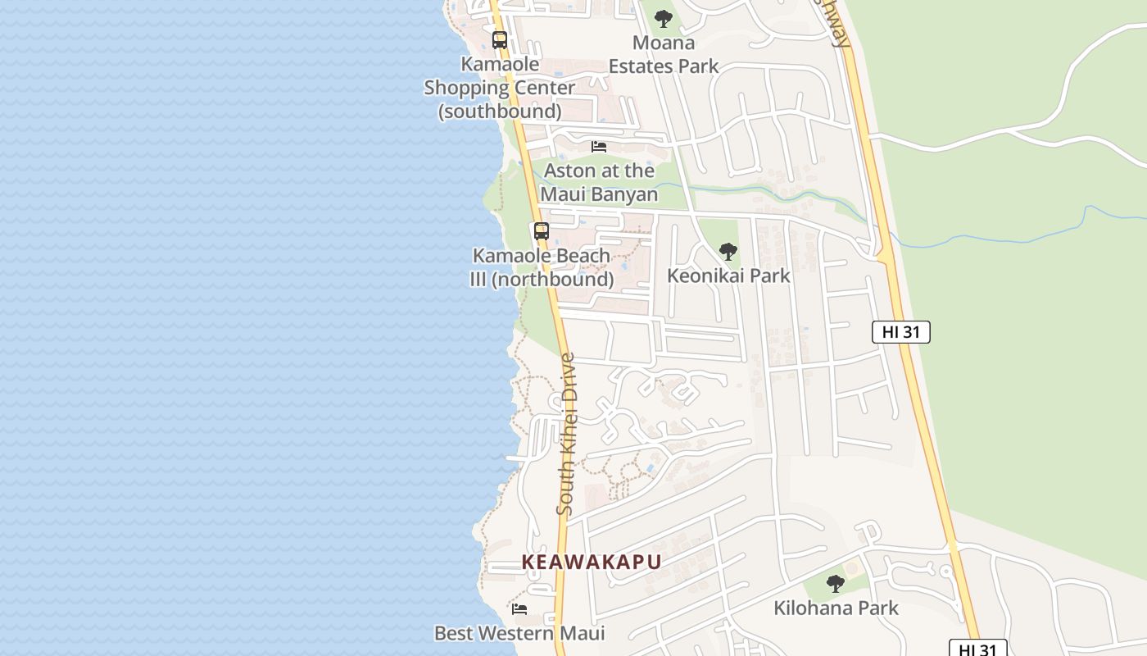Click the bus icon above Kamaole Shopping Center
coord(499,39)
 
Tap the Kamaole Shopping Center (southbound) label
coord(499,87)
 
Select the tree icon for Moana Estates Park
coord(664,18)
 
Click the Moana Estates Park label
coord(664,54)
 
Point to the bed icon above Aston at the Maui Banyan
coord(599,147)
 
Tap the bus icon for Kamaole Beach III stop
coord(541,231)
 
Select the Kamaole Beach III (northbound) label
coord(541,267)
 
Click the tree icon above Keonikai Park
coord(728,252)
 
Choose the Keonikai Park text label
coord(728,276)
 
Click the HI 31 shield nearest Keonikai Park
coord(900,332)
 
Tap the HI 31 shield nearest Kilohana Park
coord(977,649)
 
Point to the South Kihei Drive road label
coord(566,434)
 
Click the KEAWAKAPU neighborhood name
coord(591,562)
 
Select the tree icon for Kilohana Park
coord(835,584)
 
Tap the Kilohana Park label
coord(836,608)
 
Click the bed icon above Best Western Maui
coord(519,609)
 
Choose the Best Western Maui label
coord(519,633)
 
